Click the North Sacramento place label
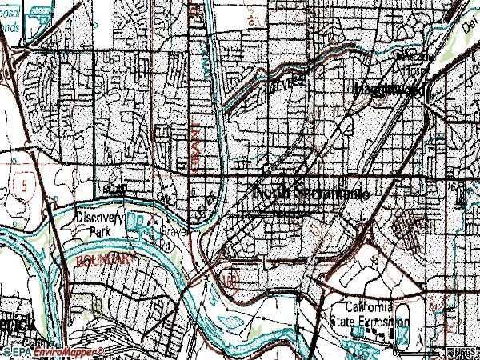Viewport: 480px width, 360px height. click(311, 193)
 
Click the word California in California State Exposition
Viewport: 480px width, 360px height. click(367, 308)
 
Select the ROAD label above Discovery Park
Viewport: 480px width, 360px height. click(115, 189)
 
